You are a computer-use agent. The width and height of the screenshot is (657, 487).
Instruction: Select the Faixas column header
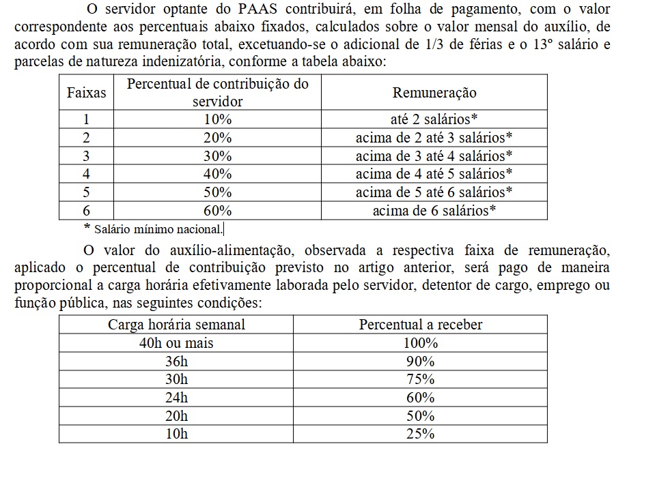pyautogui.click(x=86, y=93)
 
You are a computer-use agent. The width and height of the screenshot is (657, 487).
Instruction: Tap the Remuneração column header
pyautogui.click(x=434, y=93)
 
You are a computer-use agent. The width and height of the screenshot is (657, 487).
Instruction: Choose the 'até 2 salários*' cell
pyautogui.click(x=434, y=119)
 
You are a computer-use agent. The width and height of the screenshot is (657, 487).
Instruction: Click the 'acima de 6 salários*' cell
pyautogui.click(x=434, y=211)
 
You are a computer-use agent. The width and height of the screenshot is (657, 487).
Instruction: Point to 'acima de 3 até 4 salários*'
pyautogui.click(x=434, y=156)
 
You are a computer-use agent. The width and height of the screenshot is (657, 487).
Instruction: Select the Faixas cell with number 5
pyautogui.click(x=86, y=192)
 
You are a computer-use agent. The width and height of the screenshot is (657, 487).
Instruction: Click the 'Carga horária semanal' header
pyautogui.click(x=176, y=325)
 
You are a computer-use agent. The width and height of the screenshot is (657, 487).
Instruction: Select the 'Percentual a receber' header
pyautogui.click(x=420, y=325)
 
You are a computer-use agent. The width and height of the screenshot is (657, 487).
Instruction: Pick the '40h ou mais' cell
pyautogui.click(x=176, y=343)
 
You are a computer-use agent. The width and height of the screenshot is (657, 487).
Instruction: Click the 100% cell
pyautogui.click(x=420, y=343)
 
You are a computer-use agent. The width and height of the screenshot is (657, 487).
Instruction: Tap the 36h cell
pyautogui.click(x=176, y=361)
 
